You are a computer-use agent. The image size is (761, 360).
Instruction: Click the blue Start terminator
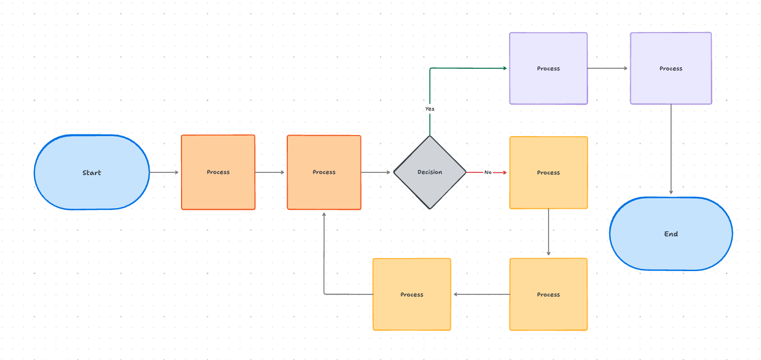[92, 172]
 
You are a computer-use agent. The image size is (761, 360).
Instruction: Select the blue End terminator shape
[670, 234]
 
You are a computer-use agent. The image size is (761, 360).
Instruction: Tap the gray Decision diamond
[430, 172]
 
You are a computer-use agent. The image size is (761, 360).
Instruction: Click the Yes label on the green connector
[430, 109]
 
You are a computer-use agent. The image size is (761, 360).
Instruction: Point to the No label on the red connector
[488, 172]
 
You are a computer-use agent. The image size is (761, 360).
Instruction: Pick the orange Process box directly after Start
[218, 172]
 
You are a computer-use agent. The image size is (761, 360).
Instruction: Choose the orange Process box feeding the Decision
[324, 172]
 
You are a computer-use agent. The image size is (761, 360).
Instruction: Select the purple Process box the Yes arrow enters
[548, 68]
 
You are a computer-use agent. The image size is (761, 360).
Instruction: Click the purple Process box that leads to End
[670, 68]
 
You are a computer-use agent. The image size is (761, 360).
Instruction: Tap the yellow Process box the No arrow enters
[548, 172]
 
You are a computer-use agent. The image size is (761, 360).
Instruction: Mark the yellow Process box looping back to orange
[411, 294]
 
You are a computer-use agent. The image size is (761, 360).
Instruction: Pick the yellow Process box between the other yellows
[548, 294]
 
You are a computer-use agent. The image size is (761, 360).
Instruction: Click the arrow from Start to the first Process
[164, 172]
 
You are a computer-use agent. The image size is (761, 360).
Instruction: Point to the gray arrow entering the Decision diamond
[376, 172]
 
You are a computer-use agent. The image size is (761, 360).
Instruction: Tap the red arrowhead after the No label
[504, 172]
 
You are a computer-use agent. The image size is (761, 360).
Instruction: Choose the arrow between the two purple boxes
[608, 68]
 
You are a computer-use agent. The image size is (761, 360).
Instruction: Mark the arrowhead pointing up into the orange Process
[324, 215]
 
